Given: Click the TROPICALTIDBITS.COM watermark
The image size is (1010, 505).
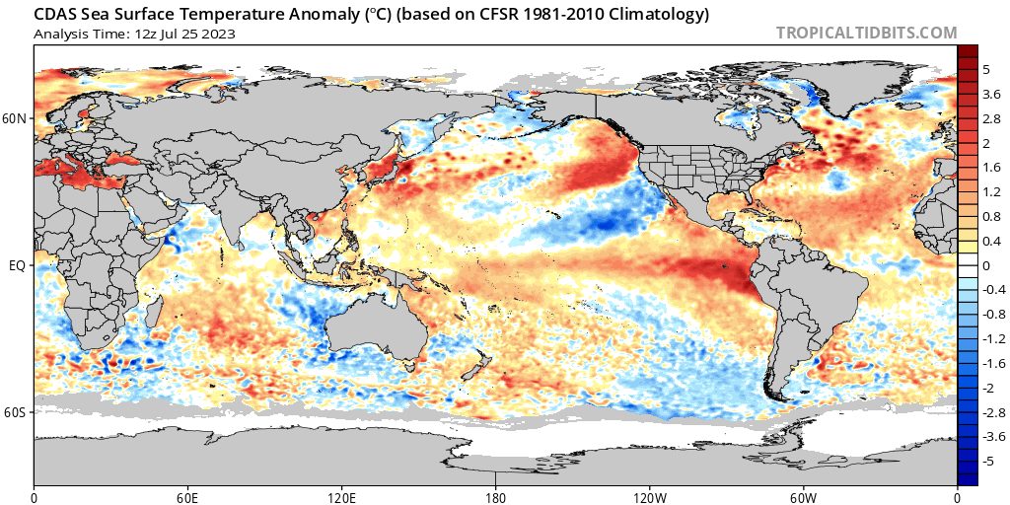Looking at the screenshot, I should tap(866, 33).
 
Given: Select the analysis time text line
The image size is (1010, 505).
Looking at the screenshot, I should tap(134, 34).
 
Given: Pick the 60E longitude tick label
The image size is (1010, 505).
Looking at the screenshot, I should tap(187, 496).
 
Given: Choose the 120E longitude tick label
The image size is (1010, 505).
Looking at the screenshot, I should tap(341, 496).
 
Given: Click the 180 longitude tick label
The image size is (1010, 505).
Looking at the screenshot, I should tap(495, 496).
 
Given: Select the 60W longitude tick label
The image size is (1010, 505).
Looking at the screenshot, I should tap(803, 496).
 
